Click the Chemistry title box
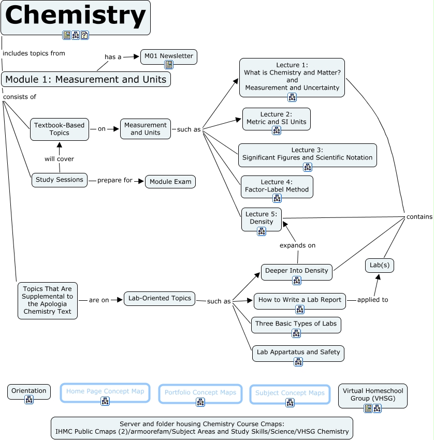(76, 16)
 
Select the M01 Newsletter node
(168, 56)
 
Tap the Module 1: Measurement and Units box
(86, 79)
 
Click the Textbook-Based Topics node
(60, 129)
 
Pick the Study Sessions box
(60, 180)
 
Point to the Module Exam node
(170, 182)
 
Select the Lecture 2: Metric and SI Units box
(276, 118)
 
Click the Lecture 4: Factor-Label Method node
(277, 186)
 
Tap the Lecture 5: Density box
(261, 218)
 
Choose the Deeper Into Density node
(296, 271)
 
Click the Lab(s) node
(379, 265)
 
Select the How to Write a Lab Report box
(300, 300)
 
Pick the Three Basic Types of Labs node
(296, 324)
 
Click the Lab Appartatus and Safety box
(298, 353)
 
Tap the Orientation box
(29, 391)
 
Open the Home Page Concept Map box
(105, 392)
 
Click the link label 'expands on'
(297, 245)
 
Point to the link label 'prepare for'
(115, 181)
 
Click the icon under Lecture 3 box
(307, 167)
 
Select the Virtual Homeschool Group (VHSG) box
(372, 395)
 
